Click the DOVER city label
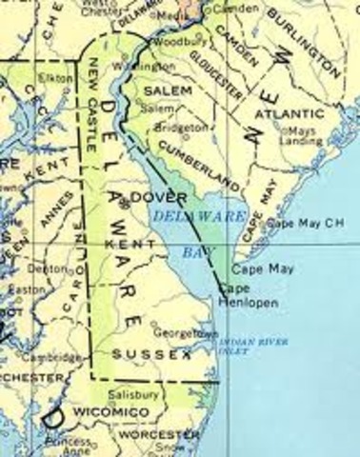[x=152, y=196]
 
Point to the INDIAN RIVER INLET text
[x=248, y=347]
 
